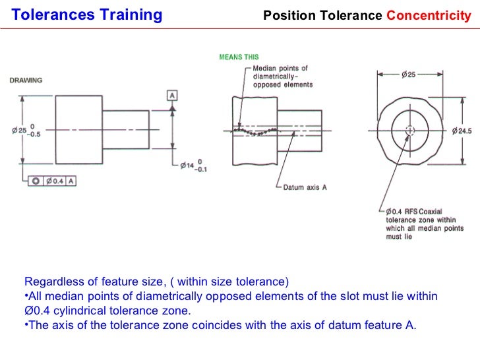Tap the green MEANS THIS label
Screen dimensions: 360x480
click(239, 57)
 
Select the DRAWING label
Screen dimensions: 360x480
click(26, 80)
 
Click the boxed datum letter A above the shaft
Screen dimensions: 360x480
click(172, 96)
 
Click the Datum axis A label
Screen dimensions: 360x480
click(305, 187)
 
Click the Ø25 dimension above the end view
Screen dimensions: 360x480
click(408, 75)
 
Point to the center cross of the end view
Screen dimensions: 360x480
click(410, 131)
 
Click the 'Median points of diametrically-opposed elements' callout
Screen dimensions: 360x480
click(283, 76)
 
